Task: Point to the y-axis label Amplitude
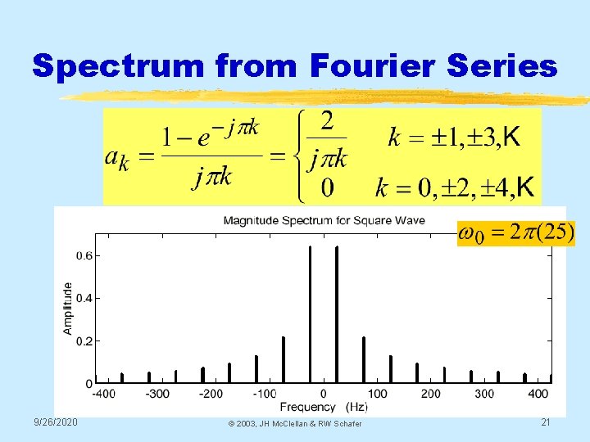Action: pyautogui.click(x=67, y=308)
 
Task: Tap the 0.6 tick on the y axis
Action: pyautogui.click(x=83, y=255)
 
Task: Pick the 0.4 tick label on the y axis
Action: pyautogui.click(x=83, y=298)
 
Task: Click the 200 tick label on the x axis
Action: pyautogui.click(x=429, y=395)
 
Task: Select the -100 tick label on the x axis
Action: pyautogui.click(x=265, y=395)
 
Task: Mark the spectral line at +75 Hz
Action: pyautogui.click(x=364, y=360)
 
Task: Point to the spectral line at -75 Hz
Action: pyautogui.click(x=284, y=360)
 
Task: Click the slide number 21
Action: pyautogui.click(x=545, y=422)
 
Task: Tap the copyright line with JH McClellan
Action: pyautogui.click(x=296, y=423)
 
